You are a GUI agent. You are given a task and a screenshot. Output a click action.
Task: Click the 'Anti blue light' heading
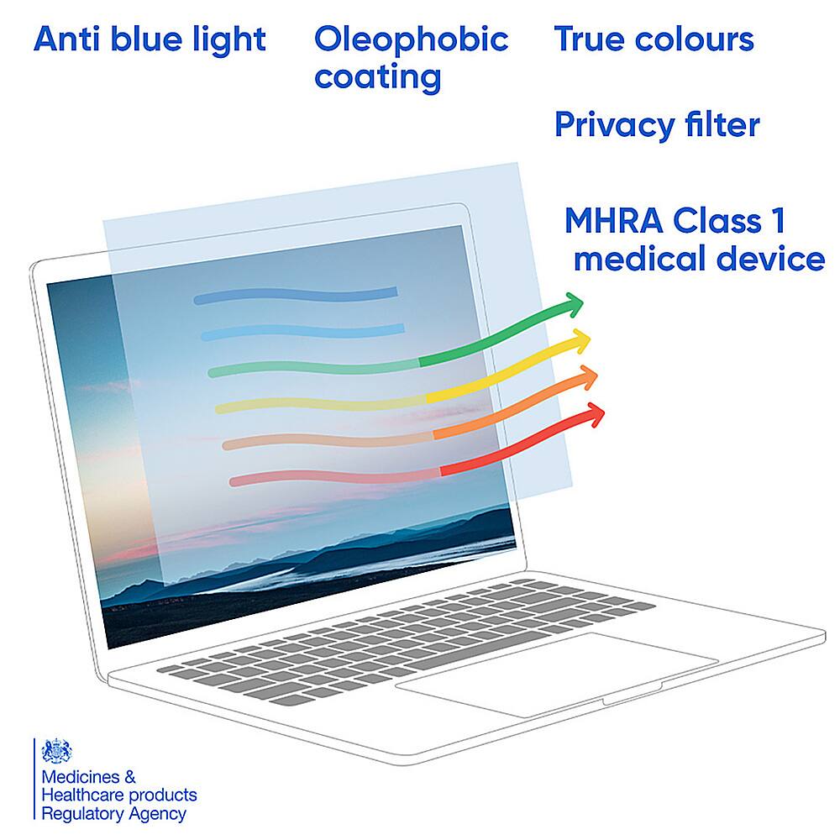click(x=150, y=39)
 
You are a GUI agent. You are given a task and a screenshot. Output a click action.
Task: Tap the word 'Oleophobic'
click(x=411, y=39)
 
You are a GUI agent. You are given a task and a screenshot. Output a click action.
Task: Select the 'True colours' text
click(x=654, y=39)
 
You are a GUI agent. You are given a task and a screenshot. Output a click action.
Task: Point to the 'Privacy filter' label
click(x=657, y=125)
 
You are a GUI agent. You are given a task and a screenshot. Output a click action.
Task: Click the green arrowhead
click(x=574, y=305)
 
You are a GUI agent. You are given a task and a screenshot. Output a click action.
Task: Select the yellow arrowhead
click(x=581, y=341)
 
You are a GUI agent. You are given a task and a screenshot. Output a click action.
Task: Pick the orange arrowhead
click(x=588, y=377)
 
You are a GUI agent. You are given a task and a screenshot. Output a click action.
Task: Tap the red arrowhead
click(x=595, y=413)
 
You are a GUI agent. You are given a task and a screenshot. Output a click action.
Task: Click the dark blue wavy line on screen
click(x=296, y=296)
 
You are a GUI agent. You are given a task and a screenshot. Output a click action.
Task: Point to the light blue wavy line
click(x=302, y=333)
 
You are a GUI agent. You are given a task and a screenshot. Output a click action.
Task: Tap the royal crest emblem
click(x=57, y=752)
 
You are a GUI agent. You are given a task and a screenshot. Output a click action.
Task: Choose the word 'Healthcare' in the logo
click(x=83, y=795)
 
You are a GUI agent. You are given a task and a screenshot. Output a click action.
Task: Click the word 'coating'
click(x=377, y=77)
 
